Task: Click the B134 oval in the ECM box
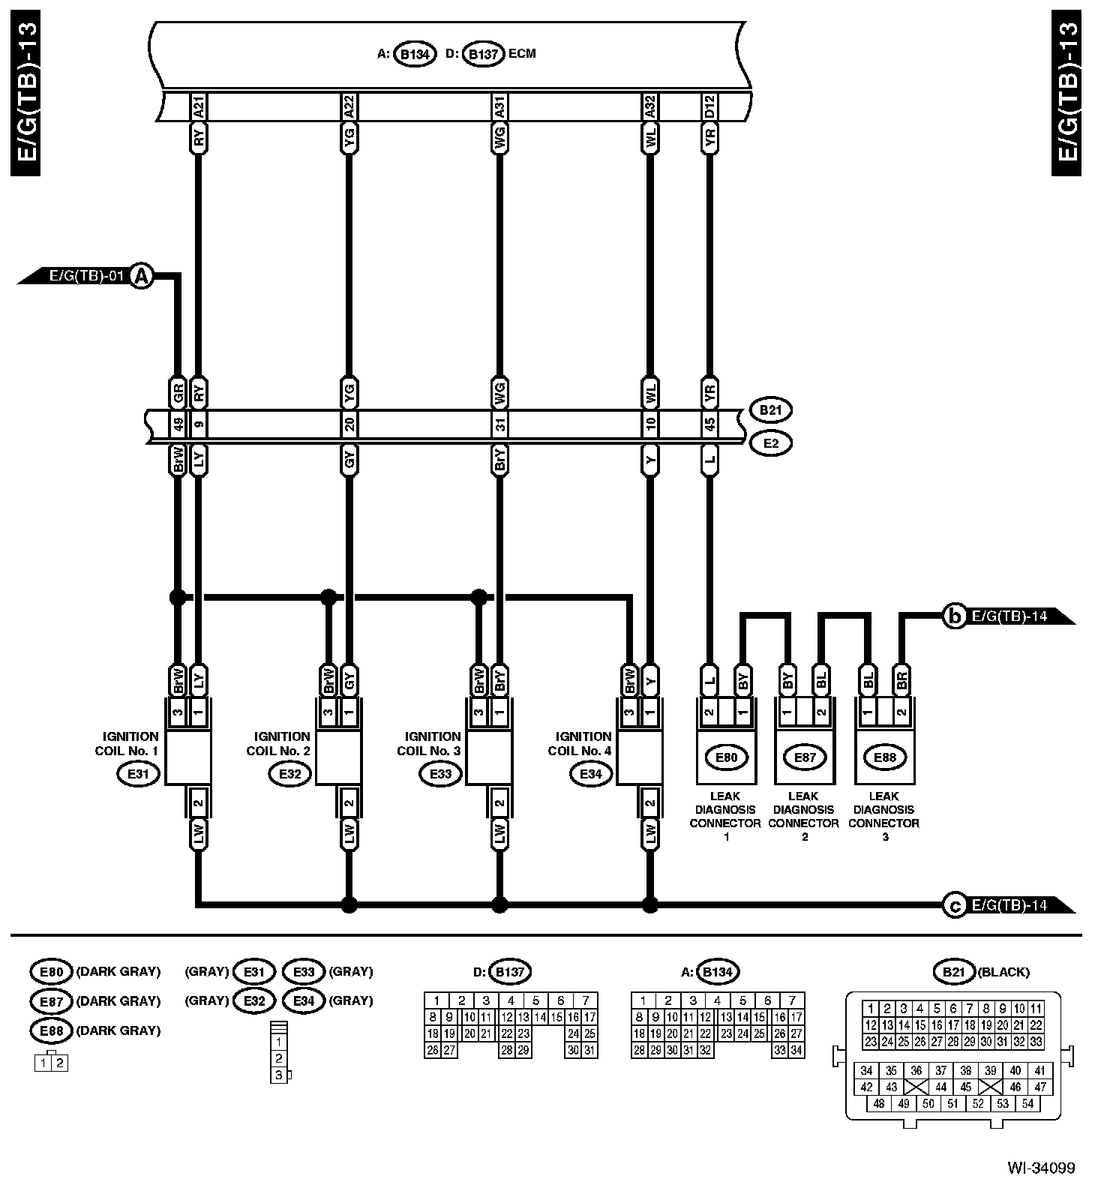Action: tap(415, 55)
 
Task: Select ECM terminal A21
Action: tap(198, 107)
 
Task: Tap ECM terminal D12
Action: tap(709, 107)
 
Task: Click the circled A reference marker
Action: tap(141, 277)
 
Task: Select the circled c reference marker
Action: tap(954, 906)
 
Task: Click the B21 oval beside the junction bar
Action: tap(770, 410)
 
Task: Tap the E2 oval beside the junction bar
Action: tap(770, 443)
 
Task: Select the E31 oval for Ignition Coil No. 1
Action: tap(139, 774)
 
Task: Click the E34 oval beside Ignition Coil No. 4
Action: tap(591, 774)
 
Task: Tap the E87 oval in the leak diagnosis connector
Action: tap(805, 757)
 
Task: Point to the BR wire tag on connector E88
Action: tap(901, 680)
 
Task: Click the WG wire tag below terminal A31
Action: tap(499, 138)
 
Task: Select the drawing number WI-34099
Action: tap(1040, 1168)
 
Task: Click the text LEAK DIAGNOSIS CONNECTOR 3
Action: tap(883, 816)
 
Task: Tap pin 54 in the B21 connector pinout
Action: tap(1027, 1103)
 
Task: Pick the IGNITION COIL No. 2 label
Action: tap(278, 743)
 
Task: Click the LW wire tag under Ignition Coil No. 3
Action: tap(499, 832)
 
